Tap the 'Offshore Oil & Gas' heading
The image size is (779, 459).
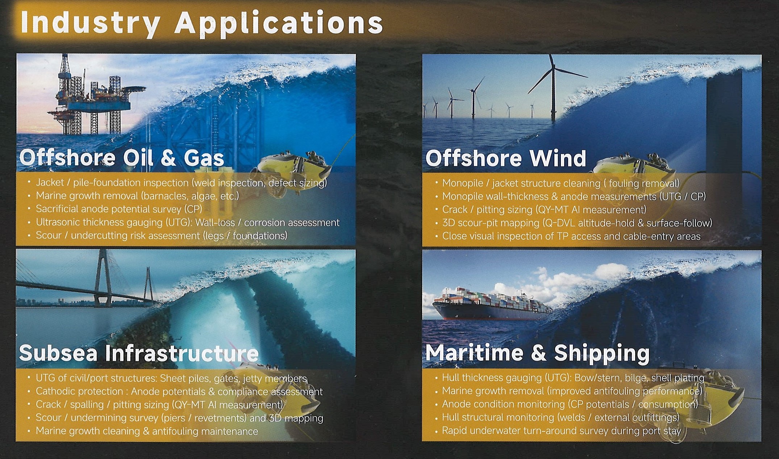pyautogui.click(x=122, y=158)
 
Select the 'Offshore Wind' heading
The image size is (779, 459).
pyautogui.click(x=506, y=158)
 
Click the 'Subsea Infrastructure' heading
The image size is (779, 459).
pyautogui.click(x=139, y=353)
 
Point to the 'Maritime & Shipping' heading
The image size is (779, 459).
pyautogui.click(x=538, y=353)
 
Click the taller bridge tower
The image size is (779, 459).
pyautogui.click(x=103, y=278)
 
